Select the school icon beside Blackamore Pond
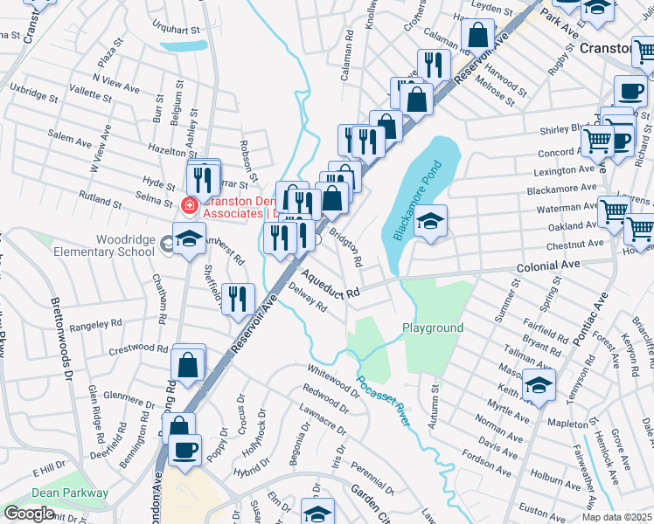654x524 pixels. [430, 221]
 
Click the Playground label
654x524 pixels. [432, 327]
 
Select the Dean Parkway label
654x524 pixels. [70, 493]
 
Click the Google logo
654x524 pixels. [29, 514]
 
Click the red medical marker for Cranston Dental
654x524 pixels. [186, 205]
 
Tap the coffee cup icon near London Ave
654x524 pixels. [184, 451]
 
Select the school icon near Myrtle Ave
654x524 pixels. [539, 384]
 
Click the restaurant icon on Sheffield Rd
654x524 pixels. [238, 299]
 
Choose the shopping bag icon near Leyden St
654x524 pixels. [477, 36]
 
